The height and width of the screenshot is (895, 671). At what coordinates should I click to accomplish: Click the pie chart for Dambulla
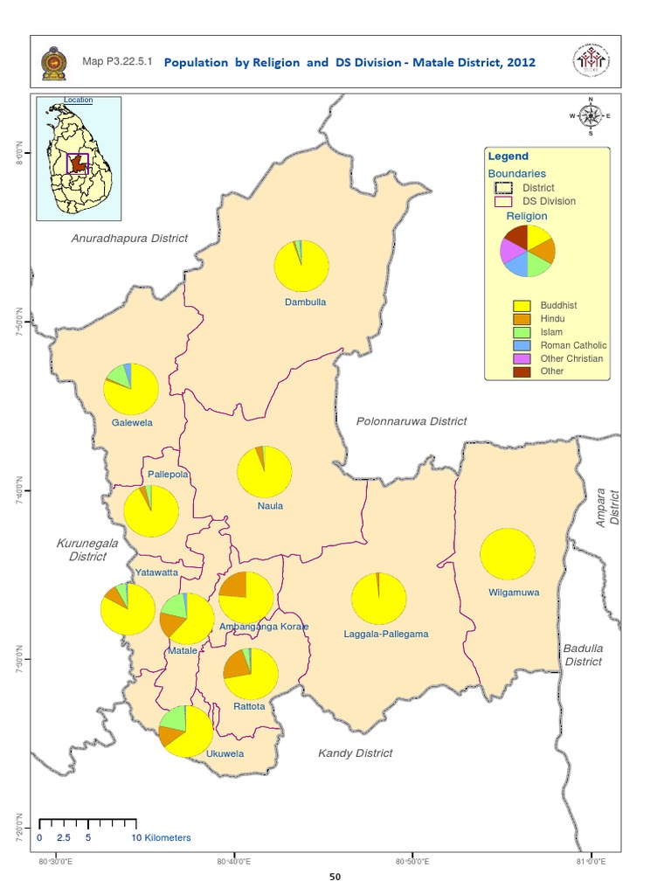(x=301, y=266)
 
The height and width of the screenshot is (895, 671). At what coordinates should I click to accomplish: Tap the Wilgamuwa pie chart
(x=507, y=554)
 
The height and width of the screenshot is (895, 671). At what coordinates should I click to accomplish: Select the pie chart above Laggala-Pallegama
(x=379, y=600)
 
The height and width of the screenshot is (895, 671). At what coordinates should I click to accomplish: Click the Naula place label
(x=270, y=505)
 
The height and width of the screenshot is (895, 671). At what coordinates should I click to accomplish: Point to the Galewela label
(x=132, y=422)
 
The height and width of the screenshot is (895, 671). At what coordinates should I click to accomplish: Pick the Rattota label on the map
(x=249, y=705)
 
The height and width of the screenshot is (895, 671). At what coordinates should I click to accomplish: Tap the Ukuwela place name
(x=225, y=753)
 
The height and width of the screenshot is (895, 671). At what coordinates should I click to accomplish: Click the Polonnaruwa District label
(x=412, y=421)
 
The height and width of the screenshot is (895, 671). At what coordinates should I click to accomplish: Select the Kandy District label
(x=355, y=753)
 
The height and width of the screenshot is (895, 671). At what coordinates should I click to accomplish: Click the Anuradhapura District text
(x=129, y=239)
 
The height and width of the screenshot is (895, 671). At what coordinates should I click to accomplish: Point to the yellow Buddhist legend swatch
(x=522, y=306)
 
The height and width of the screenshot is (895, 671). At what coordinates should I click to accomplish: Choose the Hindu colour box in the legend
(x=522, y=319)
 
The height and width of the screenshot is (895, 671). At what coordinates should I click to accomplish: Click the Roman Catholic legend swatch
(x=522, y=345)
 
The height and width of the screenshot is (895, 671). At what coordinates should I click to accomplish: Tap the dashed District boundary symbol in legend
(x=502, y=188)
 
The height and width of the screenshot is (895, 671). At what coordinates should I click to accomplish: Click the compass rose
(x=591, y=115)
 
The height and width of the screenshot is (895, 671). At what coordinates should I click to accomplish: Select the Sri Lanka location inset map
(x=78, y=157)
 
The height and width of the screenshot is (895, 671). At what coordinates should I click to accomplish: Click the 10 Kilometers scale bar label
(x=161, y=837)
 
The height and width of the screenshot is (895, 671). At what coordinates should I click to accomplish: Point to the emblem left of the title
(x=52, y=63)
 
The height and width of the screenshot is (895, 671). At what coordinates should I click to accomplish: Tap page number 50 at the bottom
(x=335, y=878)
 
